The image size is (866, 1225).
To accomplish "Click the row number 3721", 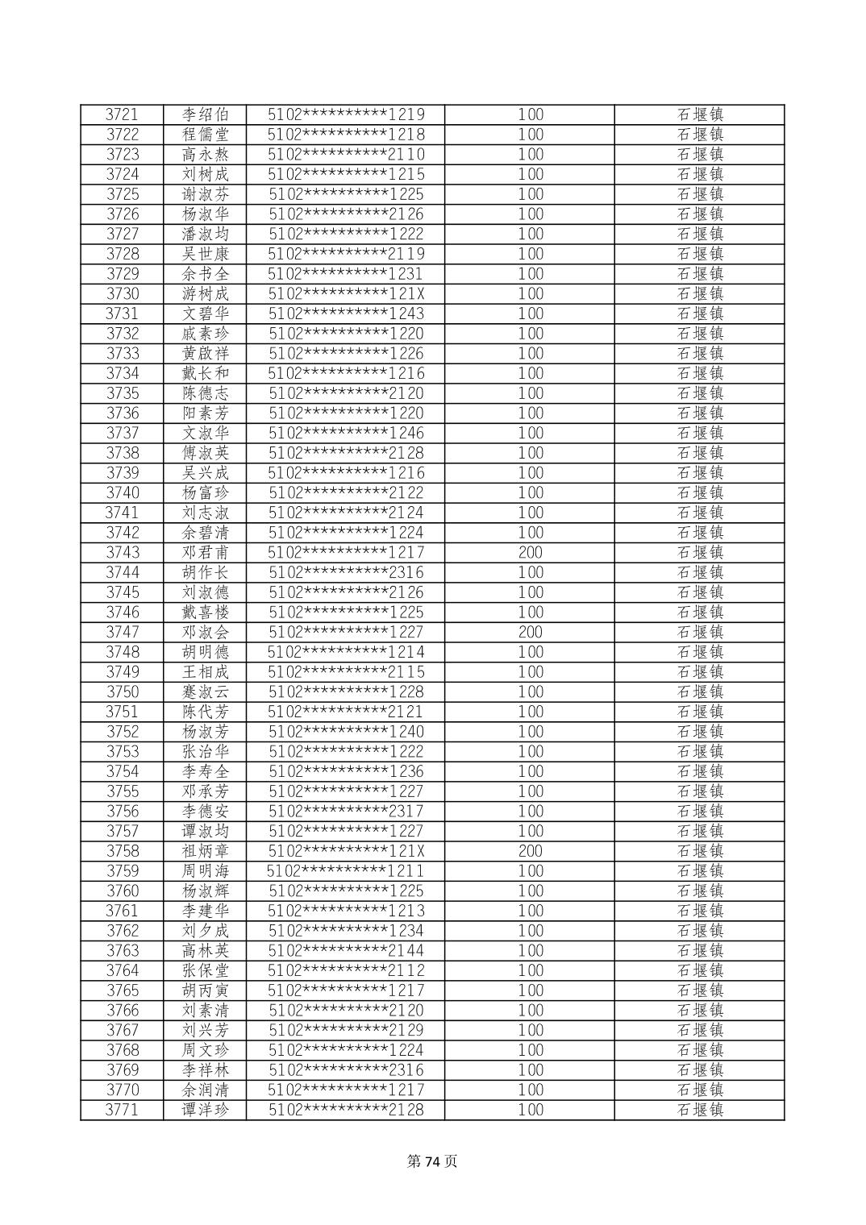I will point(122,114).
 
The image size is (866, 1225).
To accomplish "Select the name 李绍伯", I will point(205,114).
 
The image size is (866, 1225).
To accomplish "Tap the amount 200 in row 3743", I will point(530,553).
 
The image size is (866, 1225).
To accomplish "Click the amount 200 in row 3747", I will point(530,633).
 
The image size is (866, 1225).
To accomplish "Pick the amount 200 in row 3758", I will point(530,851).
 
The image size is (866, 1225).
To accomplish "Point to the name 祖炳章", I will point(205,851).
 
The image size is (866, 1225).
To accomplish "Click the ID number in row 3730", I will point(345,294).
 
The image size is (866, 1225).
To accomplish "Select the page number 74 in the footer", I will point(433,1161).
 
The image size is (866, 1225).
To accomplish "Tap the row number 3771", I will point(122,1110).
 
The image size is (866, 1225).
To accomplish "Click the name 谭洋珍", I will point(205,1110).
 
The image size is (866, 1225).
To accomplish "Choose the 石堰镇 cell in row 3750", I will point(699,692).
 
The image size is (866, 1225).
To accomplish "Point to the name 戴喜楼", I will point(205,612).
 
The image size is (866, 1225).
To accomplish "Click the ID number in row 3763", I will point(345,951).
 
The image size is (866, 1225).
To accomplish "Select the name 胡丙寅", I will point(205,990).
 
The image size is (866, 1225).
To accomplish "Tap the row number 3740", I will point(122,493).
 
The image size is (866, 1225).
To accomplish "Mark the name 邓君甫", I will point(205,553).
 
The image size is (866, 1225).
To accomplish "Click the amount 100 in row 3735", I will point(530,393).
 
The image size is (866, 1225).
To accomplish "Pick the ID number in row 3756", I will point(345,812).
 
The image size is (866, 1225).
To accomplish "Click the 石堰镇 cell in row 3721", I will point(699,114).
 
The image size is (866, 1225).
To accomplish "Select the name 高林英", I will point(205,951).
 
